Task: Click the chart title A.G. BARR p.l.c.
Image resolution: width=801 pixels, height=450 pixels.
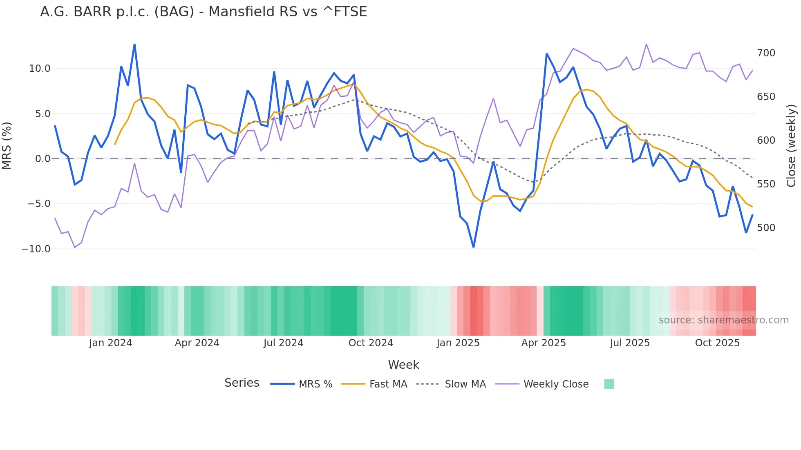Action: click(203, 12)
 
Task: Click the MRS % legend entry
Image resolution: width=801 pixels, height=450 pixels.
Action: click(315, 384)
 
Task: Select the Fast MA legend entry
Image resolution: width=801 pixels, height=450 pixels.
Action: click(388, 384)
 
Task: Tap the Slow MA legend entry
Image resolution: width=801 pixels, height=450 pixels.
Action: click(465, 384)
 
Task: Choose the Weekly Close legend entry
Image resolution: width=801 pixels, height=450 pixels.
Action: click(556, 384)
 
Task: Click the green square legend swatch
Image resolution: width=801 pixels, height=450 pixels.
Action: click(609, 384)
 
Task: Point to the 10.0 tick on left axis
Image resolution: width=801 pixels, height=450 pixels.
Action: click(40, 69)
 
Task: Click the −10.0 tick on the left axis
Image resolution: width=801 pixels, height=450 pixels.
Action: click(36, 249)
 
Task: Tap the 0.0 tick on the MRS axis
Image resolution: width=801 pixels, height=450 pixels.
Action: click(43, 159)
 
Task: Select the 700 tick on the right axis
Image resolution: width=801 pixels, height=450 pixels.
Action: click(766, 53)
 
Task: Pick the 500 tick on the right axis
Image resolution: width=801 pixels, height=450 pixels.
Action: click(766, 228)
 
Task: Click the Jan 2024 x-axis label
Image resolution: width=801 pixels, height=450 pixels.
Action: click(110, 343)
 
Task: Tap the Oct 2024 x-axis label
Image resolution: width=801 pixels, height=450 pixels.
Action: click(371, 343)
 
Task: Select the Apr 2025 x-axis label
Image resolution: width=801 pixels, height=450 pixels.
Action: click(544, 343)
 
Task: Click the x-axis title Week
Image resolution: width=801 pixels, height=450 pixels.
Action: click(403, 365)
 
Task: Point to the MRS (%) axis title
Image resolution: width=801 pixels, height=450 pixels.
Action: click(7, 146)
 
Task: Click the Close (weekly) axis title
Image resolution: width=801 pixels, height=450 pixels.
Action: click(791, 146)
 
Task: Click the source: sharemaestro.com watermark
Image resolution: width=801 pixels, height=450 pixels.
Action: click(723, 320)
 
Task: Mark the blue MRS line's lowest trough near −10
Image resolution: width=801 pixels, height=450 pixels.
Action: click(474, 247)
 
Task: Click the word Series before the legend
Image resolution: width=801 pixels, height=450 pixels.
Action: click(242, 383)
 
